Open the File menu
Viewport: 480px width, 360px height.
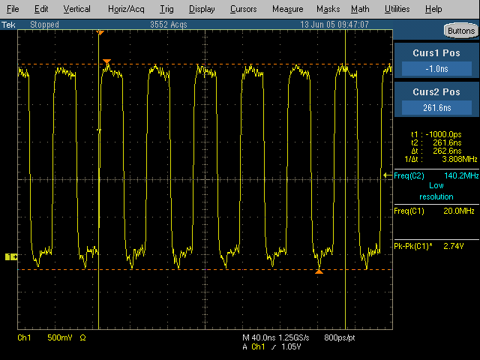tap(13, 9)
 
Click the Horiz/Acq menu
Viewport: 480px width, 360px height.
tap(126, 9)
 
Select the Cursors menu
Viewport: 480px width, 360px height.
tap(243, 9)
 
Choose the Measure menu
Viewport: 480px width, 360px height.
tap(288, 9)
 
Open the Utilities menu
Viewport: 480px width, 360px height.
tap(397, 9)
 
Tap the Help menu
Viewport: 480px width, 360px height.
tap(433, 9)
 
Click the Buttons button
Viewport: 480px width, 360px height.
tap(461, 31)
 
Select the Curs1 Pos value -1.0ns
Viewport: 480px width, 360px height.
tap(436, 69)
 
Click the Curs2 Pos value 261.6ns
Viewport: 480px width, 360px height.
tap(436, 108)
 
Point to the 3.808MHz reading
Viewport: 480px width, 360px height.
tap(460, 159)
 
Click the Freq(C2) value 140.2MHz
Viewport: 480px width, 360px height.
tap(461, 175)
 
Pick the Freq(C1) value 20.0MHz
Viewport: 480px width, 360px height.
tap(458, 211)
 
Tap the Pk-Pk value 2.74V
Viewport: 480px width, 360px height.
tap(453, 246)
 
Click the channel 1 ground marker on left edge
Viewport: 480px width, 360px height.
tap(11, 256)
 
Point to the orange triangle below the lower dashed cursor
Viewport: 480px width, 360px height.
tap(319, 271)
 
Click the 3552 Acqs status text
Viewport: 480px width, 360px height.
tap(168, 25)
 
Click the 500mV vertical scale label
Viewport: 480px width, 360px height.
tap(60, 337)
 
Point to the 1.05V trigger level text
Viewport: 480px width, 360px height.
tap(291, 346)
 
